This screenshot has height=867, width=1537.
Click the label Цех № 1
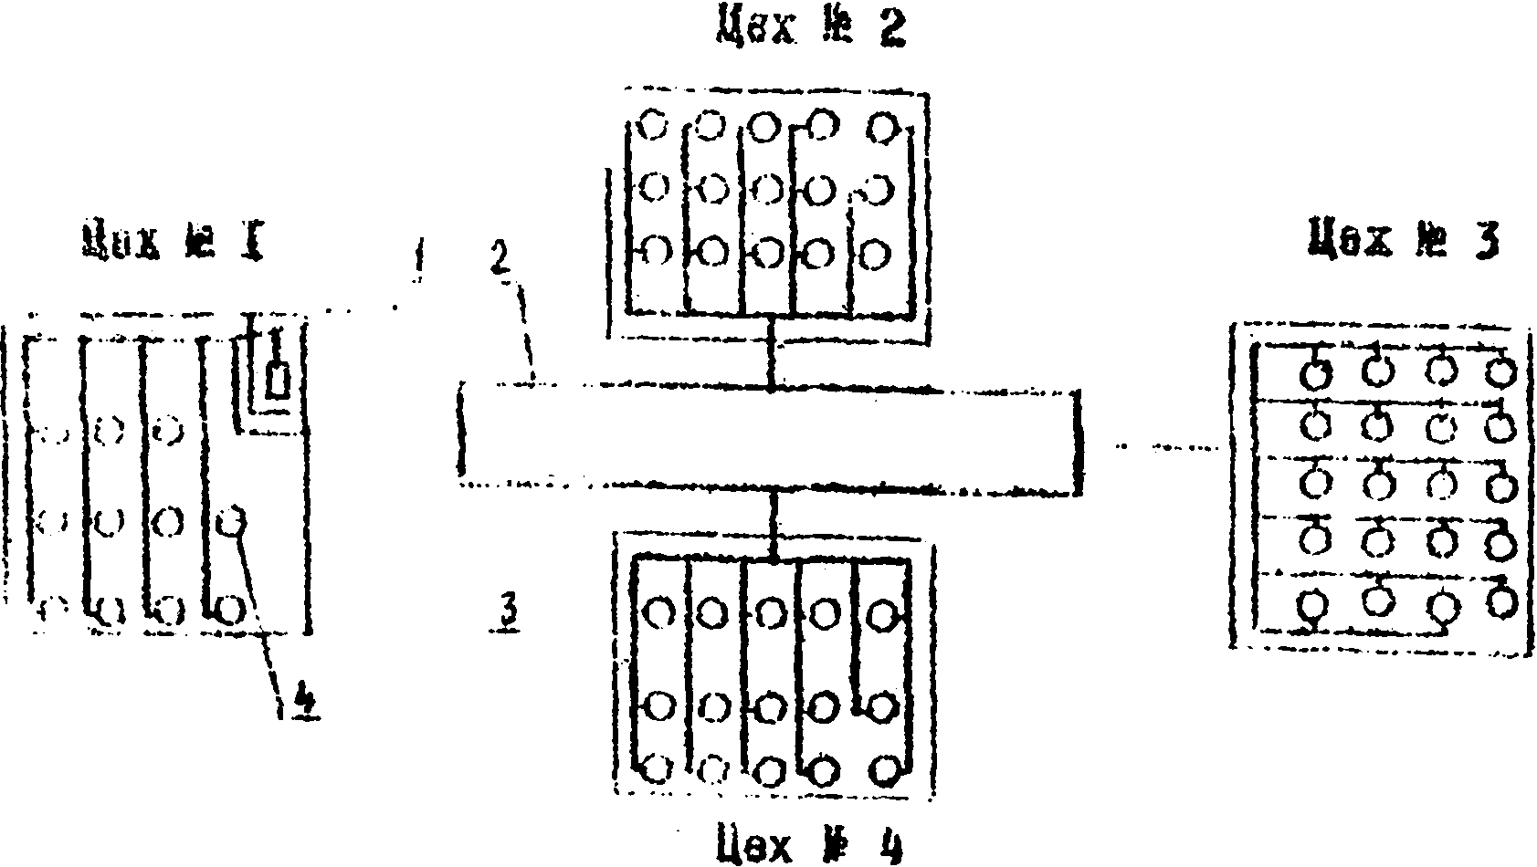coord(173,239)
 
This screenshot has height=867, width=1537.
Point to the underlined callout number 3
coord(508,613)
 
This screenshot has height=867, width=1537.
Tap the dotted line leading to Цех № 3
coord(1169,447)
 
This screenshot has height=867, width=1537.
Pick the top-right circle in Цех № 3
coord(1500,371)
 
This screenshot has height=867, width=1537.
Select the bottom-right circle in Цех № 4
coord(884,770)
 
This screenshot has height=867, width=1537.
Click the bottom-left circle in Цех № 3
coord(1312,604)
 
